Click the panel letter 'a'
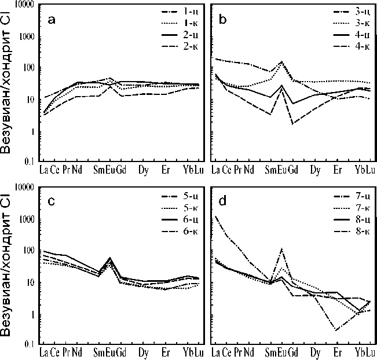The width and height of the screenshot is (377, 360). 52,20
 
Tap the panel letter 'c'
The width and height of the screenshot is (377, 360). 52,201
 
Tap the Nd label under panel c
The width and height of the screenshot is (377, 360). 77,352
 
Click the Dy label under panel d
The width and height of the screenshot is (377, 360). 315,352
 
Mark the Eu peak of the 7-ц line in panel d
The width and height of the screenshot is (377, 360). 282,249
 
